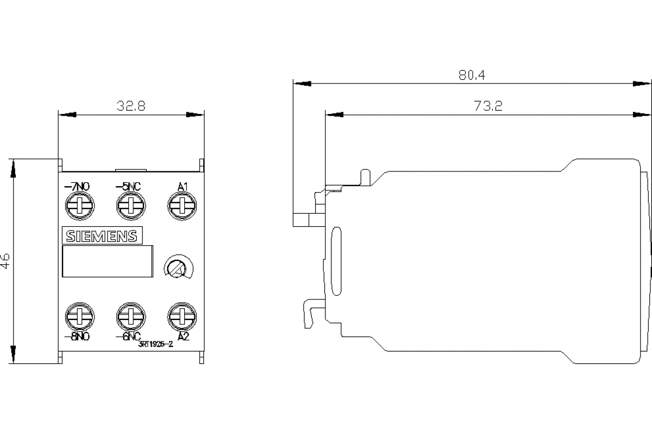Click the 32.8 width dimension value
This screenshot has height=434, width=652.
[x=131, y=106]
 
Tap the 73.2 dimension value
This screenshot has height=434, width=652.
[x=487, y=106]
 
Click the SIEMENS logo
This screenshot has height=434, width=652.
[x=102, y=236]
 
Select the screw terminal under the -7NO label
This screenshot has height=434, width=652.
[x=79, y=206]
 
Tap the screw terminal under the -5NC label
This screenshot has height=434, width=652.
[x=130, y=206]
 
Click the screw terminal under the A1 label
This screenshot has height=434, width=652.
[x=180, y=206]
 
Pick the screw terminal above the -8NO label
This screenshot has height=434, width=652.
[x=79, y=316]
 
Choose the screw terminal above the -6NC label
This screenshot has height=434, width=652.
[x=130, y=316]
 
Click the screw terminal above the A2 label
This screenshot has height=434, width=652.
[x=180, y=316]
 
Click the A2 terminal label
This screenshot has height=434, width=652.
[x=183, y=336]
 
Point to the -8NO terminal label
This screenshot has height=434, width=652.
[x=77, y=336]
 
